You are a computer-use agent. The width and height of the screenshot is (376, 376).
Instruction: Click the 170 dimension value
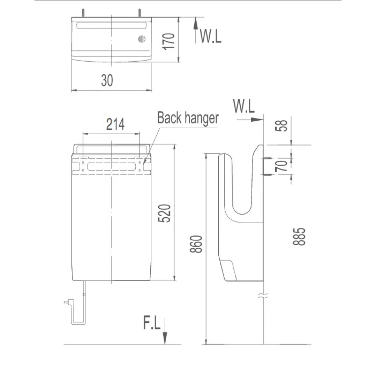coord(169,41)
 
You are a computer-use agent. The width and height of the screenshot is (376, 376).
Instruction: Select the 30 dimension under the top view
coord(107,80)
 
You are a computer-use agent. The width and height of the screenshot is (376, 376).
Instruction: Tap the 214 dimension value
coord(115,124)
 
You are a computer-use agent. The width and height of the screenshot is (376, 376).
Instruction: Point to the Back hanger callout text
coord(188,118)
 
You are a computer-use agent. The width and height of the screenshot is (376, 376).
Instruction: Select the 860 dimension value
coord(196,244)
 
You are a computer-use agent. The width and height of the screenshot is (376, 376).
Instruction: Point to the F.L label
coord(152,324)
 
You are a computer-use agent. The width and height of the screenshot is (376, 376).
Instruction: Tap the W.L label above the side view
coord(244,106)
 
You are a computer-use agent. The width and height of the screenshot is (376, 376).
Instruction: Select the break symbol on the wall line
coord(264,295)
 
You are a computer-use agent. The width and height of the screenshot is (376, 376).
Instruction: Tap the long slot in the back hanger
coord(111,166)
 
